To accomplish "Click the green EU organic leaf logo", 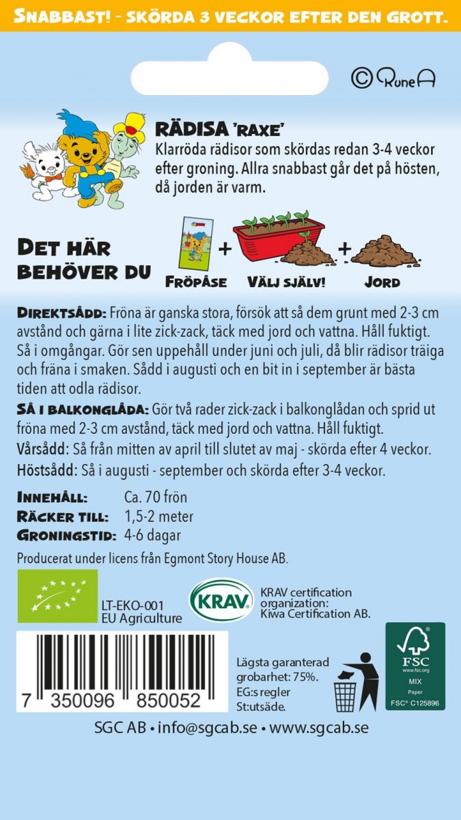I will pos(57,597).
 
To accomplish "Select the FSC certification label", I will pos(415,666).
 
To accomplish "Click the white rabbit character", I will pos(41,159).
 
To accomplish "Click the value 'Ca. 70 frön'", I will pos(156,497).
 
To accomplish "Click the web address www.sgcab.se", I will pos(318,728).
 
